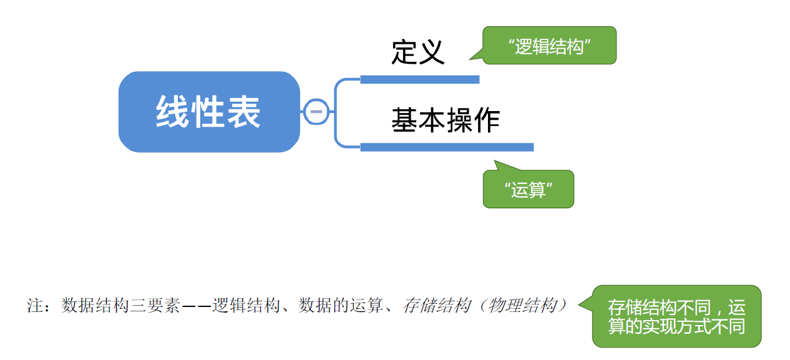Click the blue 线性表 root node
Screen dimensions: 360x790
(208, 112)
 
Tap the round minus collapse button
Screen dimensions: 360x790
(316, 112)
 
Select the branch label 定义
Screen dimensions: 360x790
(417, 52)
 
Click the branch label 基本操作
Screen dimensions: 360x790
(446, 120)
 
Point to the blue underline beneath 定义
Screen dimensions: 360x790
(419, 79)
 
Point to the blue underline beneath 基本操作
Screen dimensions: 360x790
(447, 147)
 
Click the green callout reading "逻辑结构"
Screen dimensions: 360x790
(549, 46)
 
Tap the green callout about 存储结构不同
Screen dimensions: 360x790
(676, 317)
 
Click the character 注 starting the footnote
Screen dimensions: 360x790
(34, 306)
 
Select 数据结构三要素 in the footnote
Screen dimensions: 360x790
(120, 306)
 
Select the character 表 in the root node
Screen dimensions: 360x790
(244, 112)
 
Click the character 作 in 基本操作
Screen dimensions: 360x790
(487, 120)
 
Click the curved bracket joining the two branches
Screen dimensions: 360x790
(336, 113)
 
